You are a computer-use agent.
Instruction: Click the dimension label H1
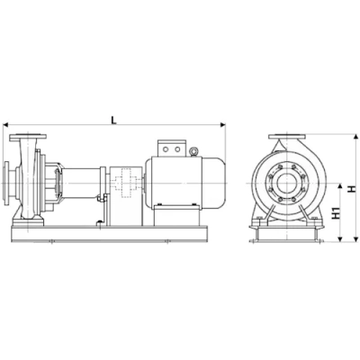(335, 215)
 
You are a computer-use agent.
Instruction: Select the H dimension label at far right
(352, 190)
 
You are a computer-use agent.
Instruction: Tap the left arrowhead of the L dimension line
(8, 126)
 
